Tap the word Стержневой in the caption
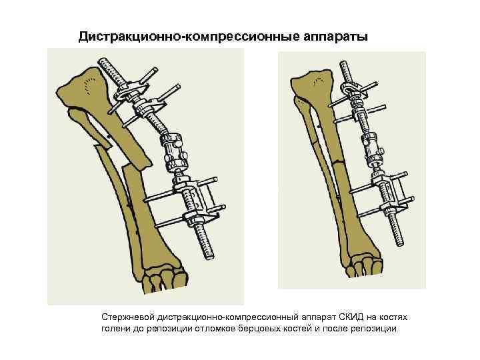click(x=127, y=319)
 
